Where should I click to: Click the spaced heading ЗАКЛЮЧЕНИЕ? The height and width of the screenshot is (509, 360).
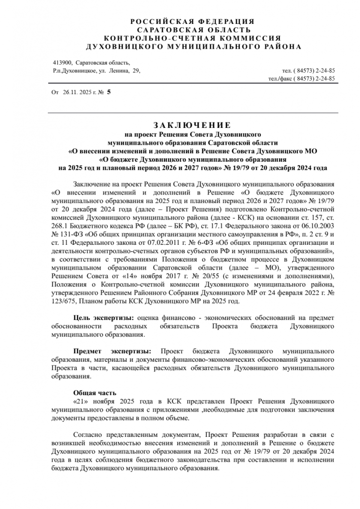click(x=192, y=125)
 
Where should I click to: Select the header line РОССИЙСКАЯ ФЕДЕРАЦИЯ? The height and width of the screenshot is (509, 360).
click(x=192, y=21)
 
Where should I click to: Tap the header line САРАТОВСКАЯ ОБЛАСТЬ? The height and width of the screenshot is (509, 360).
click(x=192, y=30)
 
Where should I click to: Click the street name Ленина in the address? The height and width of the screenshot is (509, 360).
click(x=119, y=71)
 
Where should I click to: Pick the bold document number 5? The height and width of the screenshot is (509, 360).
click(x=109, y=93)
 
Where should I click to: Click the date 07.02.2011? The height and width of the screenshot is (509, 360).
click(x=155, y=242)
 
